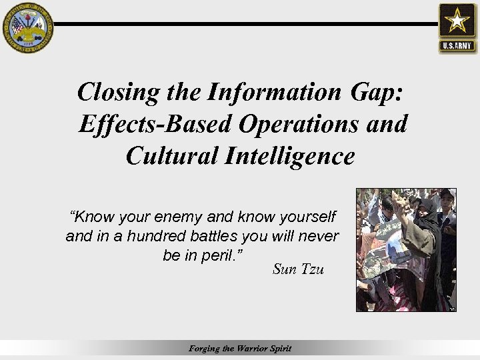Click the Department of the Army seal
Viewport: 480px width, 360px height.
27,27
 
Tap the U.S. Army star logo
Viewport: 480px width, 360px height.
457,21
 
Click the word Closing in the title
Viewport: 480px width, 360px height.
118,92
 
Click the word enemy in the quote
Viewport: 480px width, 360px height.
179,217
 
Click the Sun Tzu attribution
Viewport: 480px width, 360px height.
298,269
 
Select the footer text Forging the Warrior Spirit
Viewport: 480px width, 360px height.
240,349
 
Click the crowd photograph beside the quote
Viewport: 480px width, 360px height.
405,249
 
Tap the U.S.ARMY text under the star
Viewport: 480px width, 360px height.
457,46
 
